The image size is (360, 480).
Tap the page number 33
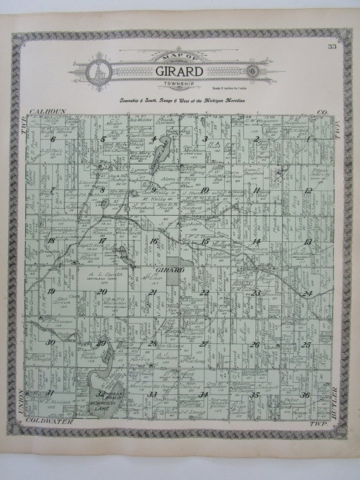[x=332, y=47]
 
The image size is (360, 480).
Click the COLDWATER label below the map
[x=47, y=422]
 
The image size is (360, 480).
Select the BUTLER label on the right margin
[x=344, y=402]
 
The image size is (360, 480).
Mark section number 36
[x=306, y=395]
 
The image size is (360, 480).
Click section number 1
[x=308, y=140]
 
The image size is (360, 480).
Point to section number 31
[x=49, y=393]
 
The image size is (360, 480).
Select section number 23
[x=255, y=292]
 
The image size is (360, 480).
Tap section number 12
[x=308, y=190]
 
